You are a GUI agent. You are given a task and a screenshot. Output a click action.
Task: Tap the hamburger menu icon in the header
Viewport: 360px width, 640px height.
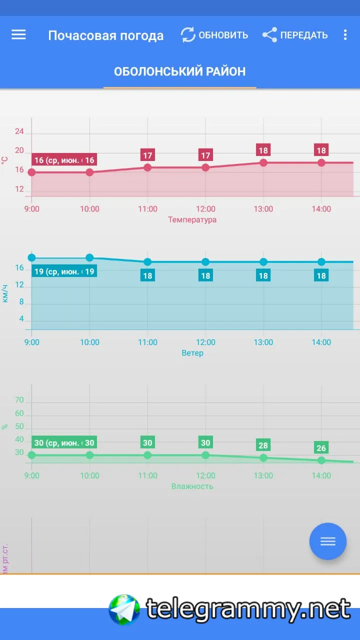tap(18, 34)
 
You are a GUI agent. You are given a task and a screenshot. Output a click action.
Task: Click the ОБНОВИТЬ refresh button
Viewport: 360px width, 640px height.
tap(214, 35)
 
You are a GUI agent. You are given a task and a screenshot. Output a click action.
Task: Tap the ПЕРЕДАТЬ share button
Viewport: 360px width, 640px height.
tap(295, 35)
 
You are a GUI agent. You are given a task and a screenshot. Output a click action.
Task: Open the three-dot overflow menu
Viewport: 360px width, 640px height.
tap(345, 35)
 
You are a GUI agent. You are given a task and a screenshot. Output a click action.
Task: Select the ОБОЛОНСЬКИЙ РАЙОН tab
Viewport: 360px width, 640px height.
tap(180, 71)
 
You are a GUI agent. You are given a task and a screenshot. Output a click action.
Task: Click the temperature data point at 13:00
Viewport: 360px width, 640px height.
tap(263, 162)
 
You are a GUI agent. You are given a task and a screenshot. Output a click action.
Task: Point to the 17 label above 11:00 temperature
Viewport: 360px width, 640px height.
tap(147, 155)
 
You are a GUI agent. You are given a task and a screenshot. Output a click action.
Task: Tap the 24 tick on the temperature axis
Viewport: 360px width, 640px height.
tap(19, 131)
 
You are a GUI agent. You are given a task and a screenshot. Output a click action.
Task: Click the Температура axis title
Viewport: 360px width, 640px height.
tap(192, 219)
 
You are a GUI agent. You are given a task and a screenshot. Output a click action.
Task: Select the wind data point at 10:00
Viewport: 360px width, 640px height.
tap(89, 258)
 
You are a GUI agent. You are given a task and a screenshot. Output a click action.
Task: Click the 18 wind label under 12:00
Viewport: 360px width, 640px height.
tap(205, 275)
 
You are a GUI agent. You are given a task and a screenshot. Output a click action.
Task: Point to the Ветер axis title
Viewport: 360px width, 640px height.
tap(192, 353)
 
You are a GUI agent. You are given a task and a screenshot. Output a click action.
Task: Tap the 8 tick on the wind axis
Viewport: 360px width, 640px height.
tap(21, 302)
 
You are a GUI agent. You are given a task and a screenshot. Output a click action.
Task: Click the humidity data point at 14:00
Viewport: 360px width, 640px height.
tap(321, 460)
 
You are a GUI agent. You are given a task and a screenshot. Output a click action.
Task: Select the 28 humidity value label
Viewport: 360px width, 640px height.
tap(263, 445)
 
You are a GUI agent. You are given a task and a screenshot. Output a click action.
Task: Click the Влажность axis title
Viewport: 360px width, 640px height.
tap(192, 486)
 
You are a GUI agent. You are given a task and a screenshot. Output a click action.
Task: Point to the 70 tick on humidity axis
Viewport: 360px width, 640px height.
tap(19, 400)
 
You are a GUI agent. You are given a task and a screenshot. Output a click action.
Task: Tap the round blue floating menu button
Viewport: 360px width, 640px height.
tap(328, 541)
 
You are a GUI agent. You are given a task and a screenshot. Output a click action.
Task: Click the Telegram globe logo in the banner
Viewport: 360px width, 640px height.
tap(124, 609)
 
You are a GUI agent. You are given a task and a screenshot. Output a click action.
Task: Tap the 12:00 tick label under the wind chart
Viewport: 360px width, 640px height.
tap(205, 342)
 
